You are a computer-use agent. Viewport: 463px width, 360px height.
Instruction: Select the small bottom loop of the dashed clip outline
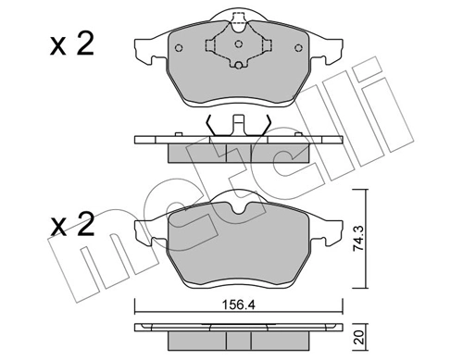(x=237, y=66)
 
